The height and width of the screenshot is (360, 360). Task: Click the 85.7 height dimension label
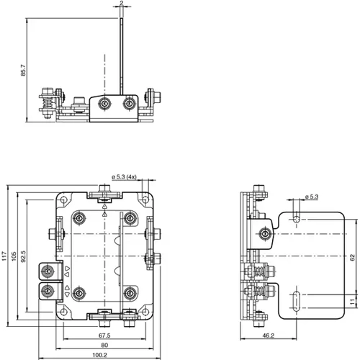click(x=23, y=70)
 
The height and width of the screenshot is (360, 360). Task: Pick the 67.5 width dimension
click(x=104, y=335)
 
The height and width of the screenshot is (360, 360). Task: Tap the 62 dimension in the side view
click(x=353, y=256)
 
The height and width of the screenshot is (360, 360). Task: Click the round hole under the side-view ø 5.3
click(x=297, y=217)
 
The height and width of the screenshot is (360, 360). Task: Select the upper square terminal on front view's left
click(x=48, y=271)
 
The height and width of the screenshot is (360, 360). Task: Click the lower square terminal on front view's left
click(x=48, y=290)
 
